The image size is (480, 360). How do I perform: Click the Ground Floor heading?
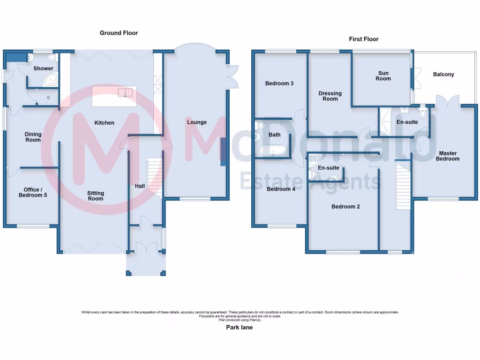[119, 33]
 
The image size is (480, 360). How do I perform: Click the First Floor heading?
[363, 39]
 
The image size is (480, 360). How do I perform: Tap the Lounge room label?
[197, 122]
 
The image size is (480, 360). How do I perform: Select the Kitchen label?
[104, 123]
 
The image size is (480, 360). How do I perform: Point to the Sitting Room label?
[96, 196]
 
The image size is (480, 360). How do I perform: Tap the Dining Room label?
[33, 137]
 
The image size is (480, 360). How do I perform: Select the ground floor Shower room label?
[43, 68]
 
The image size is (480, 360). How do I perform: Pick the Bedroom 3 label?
[279, 83]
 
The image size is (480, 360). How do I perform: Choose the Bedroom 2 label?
[345, 206]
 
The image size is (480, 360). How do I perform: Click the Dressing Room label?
[330, 96]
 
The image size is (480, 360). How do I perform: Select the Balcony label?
[443, 74]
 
